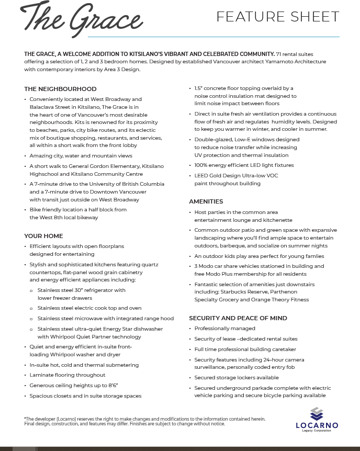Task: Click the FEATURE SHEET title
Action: click(x=277, y=17)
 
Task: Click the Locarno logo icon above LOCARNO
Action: click(x=316, y=413)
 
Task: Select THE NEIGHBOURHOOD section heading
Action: click(x=60, y=89)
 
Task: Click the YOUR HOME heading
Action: click(x=43, y=236)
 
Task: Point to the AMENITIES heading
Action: click(x=206, y=201)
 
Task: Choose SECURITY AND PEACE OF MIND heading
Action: click(x=238, y=318)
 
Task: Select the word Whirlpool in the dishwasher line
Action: click(x=63, y=337)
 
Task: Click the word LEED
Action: click(x=201, y=176)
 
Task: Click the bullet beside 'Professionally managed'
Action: click(x=189, y=329)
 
